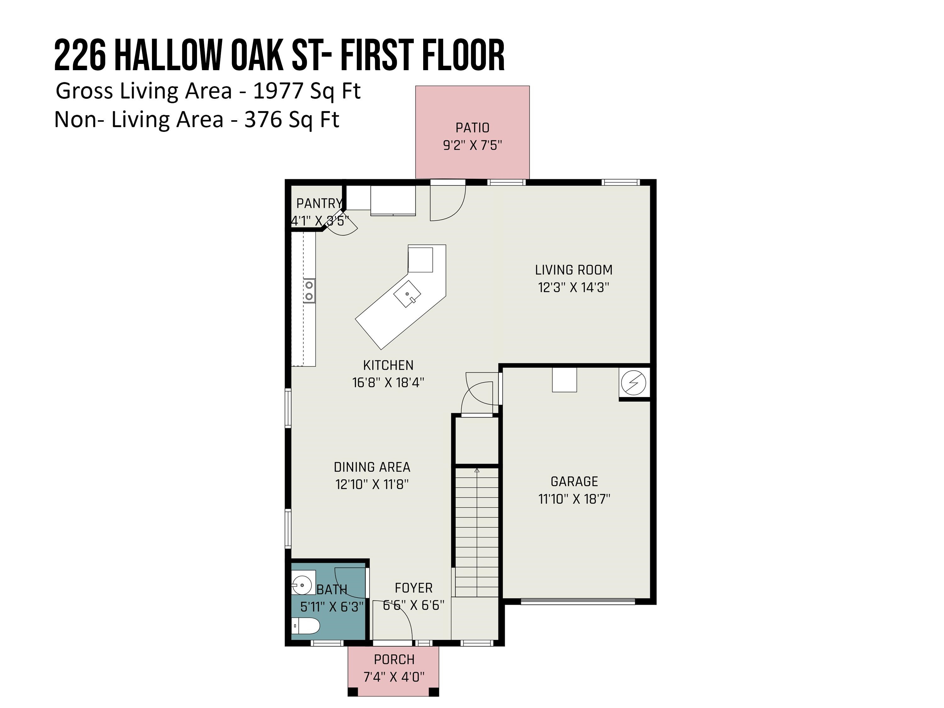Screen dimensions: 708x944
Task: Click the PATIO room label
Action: (x=472, y=128)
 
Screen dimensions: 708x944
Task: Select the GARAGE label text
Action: (x=574, y=481)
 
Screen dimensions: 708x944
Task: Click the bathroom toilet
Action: (x=306, y=626)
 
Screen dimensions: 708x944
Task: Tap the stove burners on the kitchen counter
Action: (x=309, y=291)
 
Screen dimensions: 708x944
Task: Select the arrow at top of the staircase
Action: (x=477, y=470)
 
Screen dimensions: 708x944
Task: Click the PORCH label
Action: (x=394, y=659)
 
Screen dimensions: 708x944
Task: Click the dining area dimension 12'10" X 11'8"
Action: (x=372, y=484)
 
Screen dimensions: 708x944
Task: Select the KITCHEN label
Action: (x=388, y=365)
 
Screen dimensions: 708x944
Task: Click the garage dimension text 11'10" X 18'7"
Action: (x=574, y=499)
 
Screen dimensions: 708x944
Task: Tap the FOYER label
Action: (x=413, y=588)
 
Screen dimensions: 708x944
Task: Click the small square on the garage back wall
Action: (x=564, y=380)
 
